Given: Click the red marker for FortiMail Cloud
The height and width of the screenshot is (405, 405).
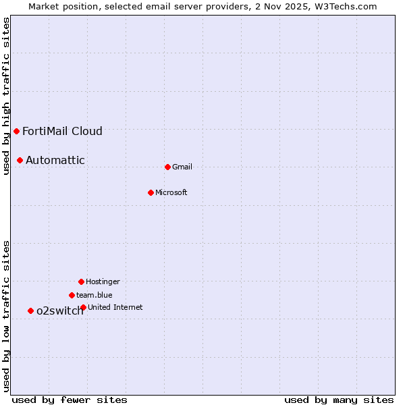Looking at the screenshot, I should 16,131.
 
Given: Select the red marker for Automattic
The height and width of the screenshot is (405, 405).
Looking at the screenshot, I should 20,160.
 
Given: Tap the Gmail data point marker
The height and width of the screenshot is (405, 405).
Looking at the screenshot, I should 167,167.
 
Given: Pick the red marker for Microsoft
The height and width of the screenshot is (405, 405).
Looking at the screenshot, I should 151,192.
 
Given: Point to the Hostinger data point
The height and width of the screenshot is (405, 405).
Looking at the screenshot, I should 81,281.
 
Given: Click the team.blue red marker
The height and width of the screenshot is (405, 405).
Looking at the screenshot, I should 72,295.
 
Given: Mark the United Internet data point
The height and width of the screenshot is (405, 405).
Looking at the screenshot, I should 83,307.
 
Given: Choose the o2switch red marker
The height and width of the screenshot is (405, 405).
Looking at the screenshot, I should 30,310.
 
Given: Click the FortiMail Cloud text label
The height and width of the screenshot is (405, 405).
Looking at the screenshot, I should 62,131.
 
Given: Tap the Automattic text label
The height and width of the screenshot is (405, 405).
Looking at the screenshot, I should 55,160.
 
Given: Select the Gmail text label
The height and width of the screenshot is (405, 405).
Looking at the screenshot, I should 182,167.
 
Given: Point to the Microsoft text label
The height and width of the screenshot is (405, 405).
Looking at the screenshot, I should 171,192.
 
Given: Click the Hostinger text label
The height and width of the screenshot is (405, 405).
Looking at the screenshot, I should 103,281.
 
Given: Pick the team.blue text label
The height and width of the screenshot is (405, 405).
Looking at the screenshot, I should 94,295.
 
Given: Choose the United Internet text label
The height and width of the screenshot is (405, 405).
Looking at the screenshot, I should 115,307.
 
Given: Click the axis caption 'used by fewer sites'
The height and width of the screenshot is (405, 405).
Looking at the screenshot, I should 70,400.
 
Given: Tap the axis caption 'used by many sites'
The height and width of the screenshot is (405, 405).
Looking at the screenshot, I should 339,400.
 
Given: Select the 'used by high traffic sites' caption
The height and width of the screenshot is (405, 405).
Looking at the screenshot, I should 6,96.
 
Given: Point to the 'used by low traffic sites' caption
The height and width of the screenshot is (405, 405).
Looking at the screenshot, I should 6,316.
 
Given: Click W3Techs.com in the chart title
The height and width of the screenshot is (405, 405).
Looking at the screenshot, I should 344,6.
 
